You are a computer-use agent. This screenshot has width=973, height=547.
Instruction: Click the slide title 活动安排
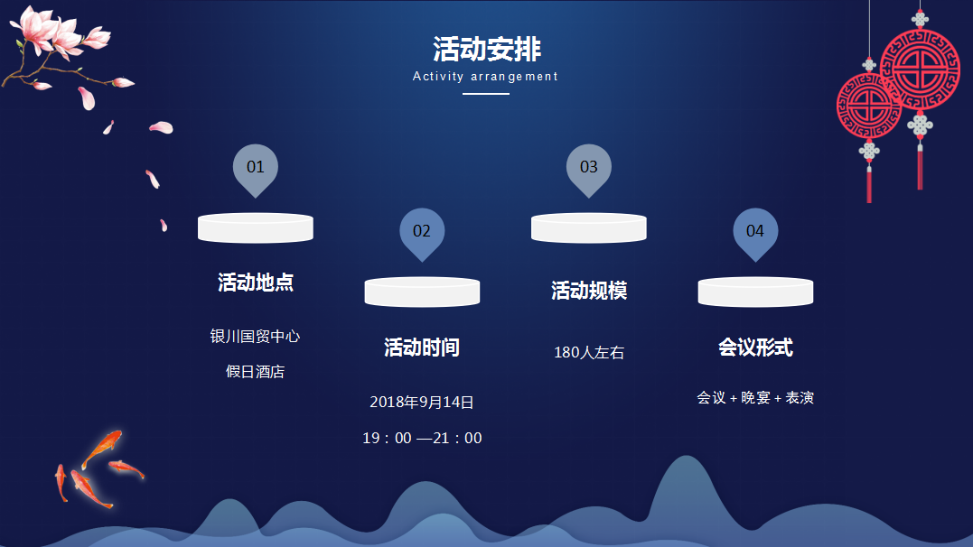coord(486,49)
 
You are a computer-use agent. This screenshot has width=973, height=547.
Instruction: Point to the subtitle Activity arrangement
coord(485,77)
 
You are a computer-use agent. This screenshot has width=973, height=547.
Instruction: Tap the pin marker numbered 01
coord(255,169)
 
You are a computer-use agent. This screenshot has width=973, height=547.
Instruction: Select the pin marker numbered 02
coord(422,233)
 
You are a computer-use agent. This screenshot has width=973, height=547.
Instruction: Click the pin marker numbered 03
coord(589,169)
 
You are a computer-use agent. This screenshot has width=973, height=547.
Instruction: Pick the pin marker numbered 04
coord(755,233)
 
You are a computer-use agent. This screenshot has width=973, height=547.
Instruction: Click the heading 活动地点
coord(255,283)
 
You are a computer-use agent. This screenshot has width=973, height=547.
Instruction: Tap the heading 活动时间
coord(422,348)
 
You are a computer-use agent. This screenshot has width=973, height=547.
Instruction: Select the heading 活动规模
coord(589,291)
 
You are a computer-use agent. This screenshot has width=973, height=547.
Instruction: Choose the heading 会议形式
coord(755,347)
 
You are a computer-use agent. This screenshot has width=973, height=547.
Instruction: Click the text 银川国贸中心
coord(255,336)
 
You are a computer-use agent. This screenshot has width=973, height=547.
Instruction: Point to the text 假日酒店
coord(255,372)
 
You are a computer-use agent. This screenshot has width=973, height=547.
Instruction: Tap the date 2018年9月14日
coord(422,402)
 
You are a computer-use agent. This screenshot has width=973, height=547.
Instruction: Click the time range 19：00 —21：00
coord(422,438)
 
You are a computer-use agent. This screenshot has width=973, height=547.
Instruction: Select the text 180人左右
coord(589,352)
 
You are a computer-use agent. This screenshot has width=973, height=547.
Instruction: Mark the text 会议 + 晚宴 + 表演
coord(755,397)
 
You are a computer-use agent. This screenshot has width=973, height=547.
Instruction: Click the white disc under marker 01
coord(255,227)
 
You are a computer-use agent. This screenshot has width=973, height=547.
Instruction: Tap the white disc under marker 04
coord(755,292)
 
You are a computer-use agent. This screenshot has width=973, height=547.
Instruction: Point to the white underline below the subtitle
coord(486,94)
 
